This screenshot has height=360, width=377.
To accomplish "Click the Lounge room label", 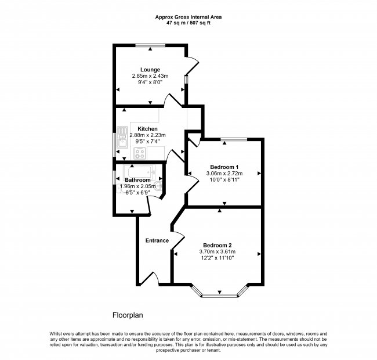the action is pos(150,70).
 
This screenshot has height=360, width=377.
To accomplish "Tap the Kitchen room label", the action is pos(148,129).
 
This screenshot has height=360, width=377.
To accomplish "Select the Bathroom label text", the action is pos(137,180).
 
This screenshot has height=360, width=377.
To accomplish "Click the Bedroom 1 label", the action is pos(224,167).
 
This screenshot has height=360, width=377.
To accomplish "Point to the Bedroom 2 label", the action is pos(217,246).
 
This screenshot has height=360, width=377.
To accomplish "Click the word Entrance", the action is pos(157,240).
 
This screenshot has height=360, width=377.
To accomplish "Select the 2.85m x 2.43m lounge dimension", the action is pos(150,76).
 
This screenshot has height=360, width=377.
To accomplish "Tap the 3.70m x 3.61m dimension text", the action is pos(217,252).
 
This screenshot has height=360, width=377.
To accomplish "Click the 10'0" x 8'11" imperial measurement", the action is pos(224,179).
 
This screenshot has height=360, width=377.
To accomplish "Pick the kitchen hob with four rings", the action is pos(140,153).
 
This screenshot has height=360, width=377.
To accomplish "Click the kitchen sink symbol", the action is pos(122,138).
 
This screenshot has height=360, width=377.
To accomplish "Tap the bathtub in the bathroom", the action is pos(140,172).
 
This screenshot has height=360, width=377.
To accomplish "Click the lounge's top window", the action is pos(150,45).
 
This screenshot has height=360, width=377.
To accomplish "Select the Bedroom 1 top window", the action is pos(234,139).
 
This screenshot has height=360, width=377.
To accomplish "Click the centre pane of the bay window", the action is pos(219,296).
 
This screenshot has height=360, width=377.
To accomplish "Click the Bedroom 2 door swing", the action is pos(178,240).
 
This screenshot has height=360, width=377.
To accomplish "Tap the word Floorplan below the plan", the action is pos(128,315).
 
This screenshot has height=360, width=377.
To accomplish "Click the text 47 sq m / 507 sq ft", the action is pos(188,23).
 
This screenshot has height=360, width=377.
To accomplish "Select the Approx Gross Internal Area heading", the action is pos(188,17).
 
